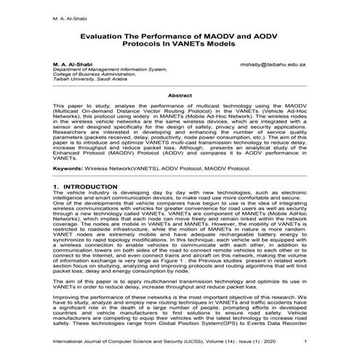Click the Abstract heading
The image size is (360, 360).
point(180,95)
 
